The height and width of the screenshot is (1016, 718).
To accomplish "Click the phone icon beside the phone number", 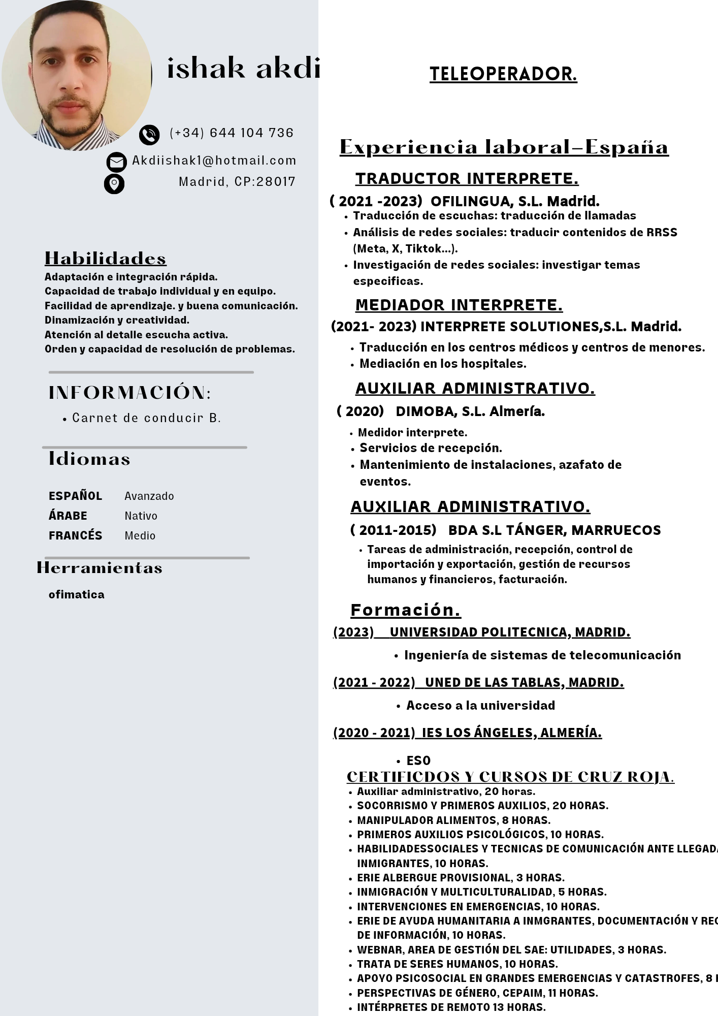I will [149, 135].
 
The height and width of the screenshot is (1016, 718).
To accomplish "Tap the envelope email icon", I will [116, 162].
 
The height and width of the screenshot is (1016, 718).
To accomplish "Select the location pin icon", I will [114, 183].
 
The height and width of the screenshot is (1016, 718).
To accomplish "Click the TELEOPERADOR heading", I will [503, 74].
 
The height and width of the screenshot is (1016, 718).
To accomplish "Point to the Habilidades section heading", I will [106, 258].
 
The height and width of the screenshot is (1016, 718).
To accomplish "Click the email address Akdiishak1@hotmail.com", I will [214, 161].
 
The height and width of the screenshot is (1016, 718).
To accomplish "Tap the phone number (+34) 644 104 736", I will [232, 133].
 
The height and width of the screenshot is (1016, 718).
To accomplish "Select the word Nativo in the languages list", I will [141, 516].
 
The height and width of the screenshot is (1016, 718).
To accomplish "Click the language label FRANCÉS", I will [75, 535].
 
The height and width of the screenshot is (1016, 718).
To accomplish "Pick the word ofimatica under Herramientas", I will [77, 594].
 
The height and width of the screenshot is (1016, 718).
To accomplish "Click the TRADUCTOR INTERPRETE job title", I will [467, 179].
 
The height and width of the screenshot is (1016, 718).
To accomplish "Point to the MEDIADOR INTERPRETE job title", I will [459, 305].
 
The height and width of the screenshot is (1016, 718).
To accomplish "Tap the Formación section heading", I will [405, 610].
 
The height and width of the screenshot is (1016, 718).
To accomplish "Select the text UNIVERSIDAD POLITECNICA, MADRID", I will [510, 632].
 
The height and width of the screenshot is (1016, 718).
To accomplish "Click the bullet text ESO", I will [418, 760].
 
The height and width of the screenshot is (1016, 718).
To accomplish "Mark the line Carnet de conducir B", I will [146, 418].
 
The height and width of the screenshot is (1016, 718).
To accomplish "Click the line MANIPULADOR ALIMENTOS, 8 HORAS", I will [453, 820].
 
